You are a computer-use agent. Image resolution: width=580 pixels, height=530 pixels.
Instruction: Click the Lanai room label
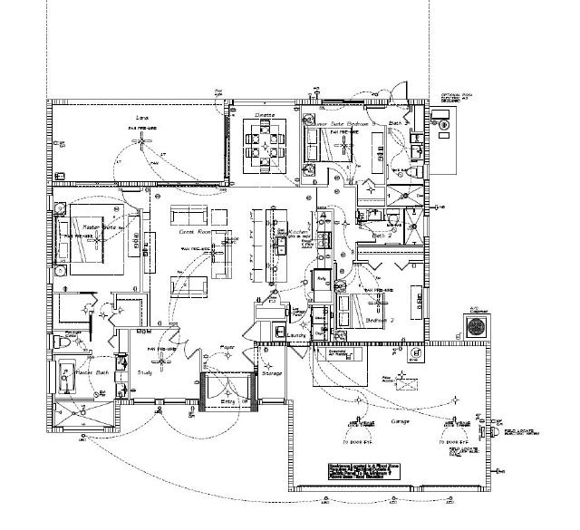142,118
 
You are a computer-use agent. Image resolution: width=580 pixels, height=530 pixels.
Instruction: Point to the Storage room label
272,372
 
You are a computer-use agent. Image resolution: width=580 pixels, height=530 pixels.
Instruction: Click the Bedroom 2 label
379,320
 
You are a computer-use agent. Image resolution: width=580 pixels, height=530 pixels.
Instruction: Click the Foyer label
228,347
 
